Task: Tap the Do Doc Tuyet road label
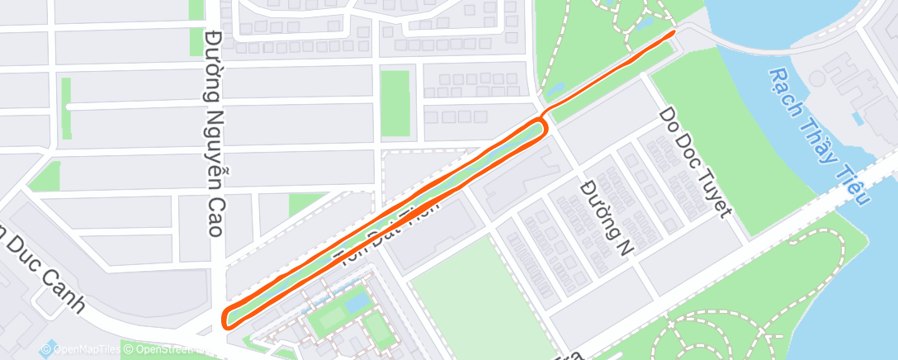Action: click(694, 163)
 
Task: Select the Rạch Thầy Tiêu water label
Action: click(818, 136)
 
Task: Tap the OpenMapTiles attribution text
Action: click(79, 349)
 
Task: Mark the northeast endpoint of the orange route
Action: click(673, 32)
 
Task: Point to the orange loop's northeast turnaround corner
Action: click(545, 126)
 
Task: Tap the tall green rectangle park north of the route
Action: click(395, 102)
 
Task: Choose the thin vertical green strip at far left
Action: click(66, 107)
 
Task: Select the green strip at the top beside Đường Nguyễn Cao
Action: click(196, 10)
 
